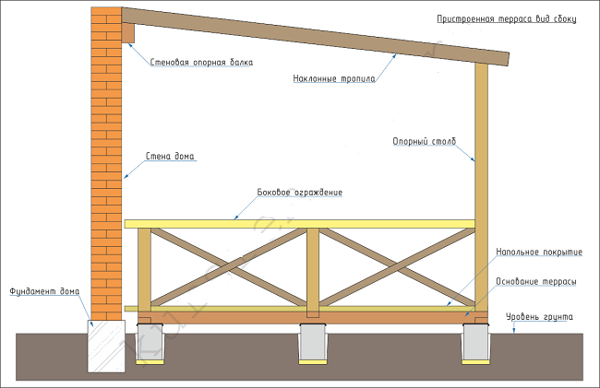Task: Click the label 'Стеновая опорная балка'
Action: coord(200,63)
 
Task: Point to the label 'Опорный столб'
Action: coord(424,141)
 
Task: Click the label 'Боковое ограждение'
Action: coord(299,193)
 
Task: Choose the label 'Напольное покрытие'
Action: coord(537,252)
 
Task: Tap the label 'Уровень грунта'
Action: coord(540,317)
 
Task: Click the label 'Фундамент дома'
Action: coord(44,292)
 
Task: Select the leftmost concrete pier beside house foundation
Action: coord(150,343)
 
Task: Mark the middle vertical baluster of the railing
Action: coord(313,267)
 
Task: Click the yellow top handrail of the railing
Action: coord(300,223)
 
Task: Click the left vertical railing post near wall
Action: coord(143,267)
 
